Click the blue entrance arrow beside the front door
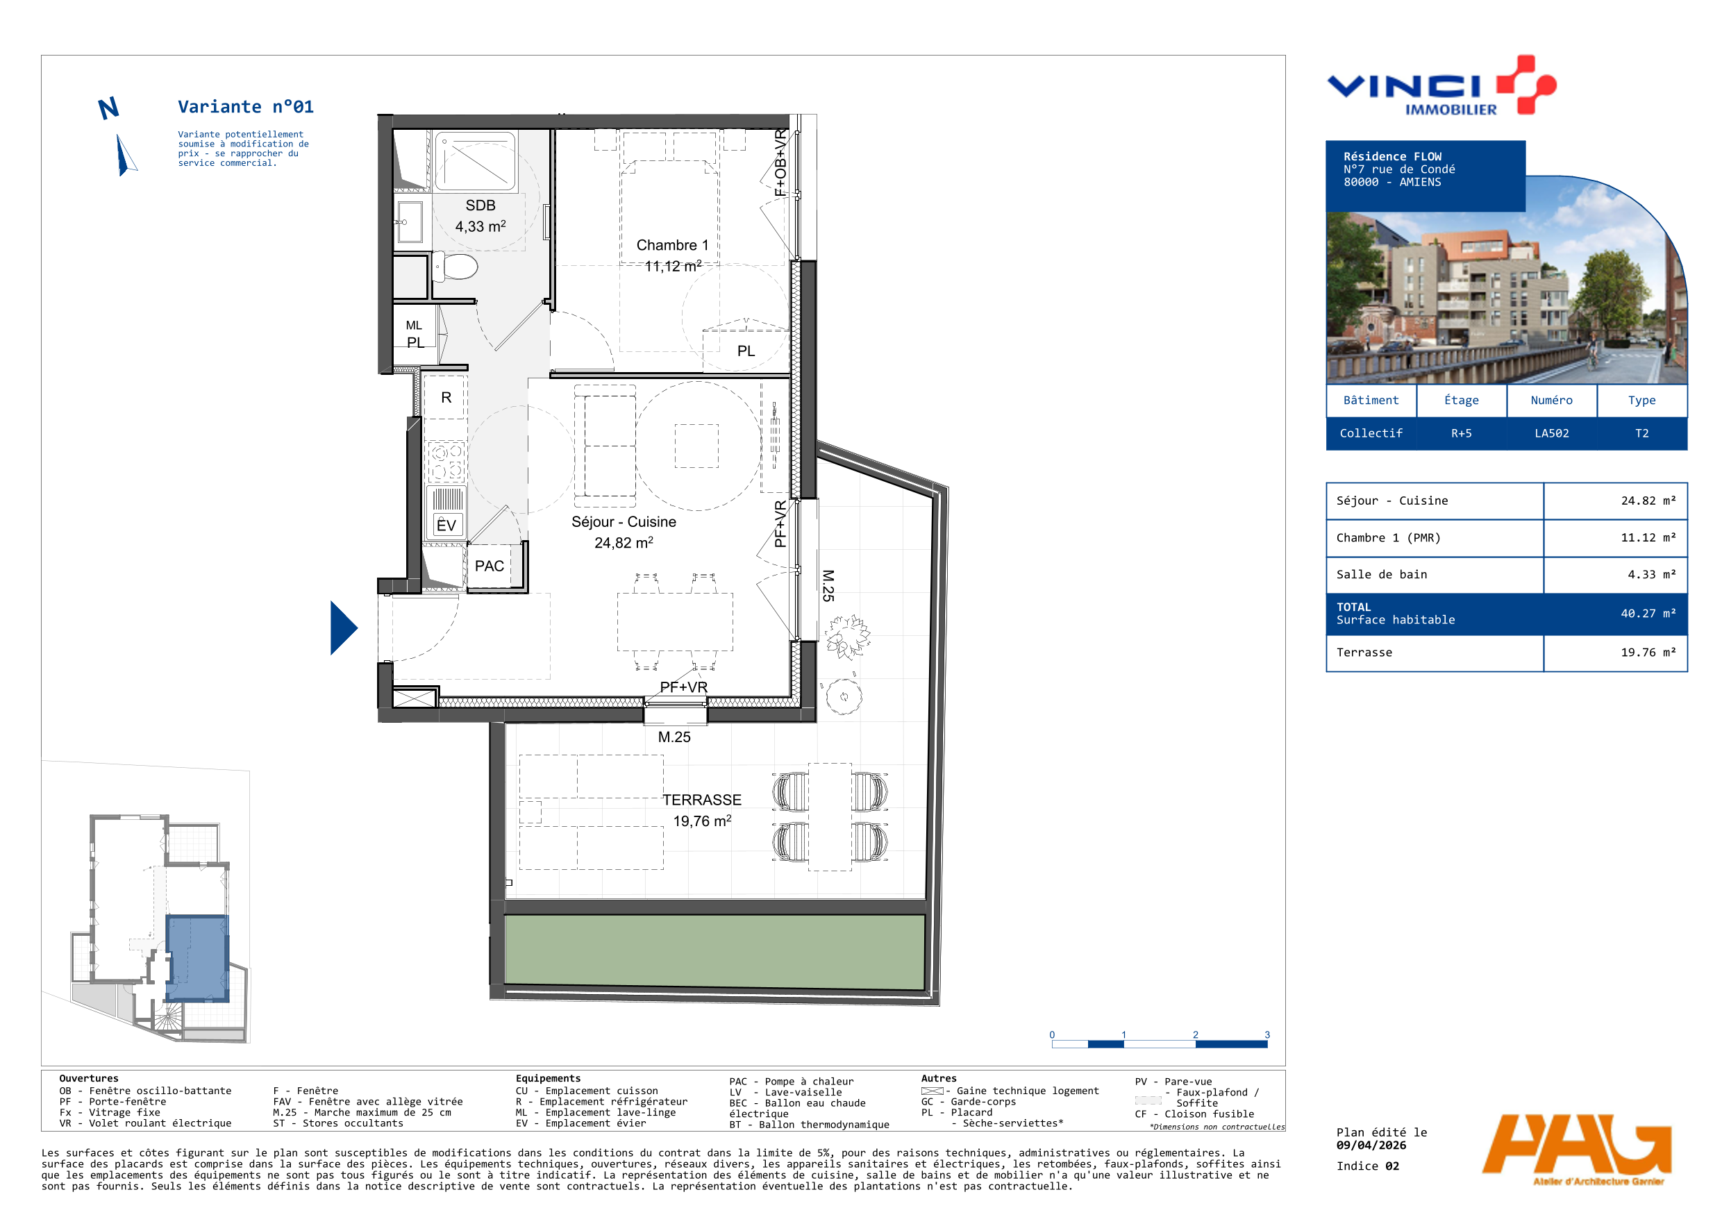[343, 628]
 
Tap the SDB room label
[480, 205]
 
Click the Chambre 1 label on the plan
[672, 245]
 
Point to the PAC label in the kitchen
[489, 566]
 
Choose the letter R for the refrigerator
[446, 397]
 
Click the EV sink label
[446, 524]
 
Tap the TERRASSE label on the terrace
[701, 800]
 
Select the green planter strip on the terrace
[714, 952]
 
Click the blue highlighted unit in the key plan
[197, 958]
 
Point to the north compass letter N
[109, 109]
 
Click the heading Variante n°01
[245, 107]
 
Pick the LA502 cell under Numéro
[1551, 433]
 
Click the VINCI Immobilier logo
[1441, 85]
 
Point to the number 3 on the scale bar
[1267, 1035]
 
